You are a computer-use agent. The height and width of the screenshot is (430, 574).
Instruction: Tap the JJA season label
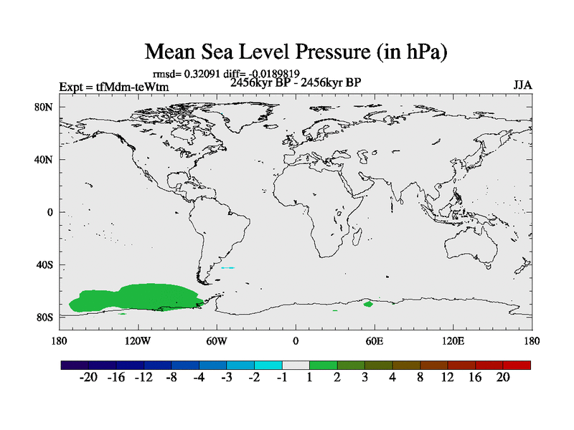click(522, 85)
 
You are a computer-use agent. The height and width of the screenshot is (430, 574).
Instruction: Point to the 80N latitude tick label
click(44, 107)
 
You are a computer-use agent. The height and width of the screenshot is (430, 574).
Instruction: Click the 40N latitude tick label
click(44, 160)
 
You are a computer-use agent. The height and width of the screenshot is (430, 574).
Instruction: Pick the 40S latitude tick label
click(44, 264)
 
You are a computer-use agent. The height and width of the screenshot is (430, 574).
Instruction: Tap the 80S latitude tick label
click(44, 317)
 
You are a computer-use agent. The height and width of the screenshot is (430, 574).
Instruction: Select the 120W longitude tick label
click(138, 340)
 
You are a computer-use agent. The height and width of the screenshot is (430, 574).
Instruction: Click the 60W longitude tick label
click(217, 340)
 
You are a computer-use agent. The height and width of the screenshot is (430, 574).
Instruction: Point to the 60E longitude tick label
click(375, 340)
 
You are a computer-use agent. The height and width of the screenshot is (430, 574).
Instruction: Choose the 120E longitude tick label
click(453, 340)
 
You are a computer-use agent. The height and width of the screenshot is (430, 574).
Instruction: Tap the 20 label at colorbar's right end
click(502, 378)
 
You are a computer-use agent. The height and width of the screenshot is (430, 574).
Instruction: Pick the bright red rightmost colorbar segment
click(517, 365)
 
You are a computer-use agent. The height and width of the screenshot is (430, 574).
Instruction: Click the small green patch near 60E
click(368, 304)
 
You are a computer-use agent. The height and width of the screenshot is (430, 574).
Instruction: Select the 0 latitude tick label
click(50, 212)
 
